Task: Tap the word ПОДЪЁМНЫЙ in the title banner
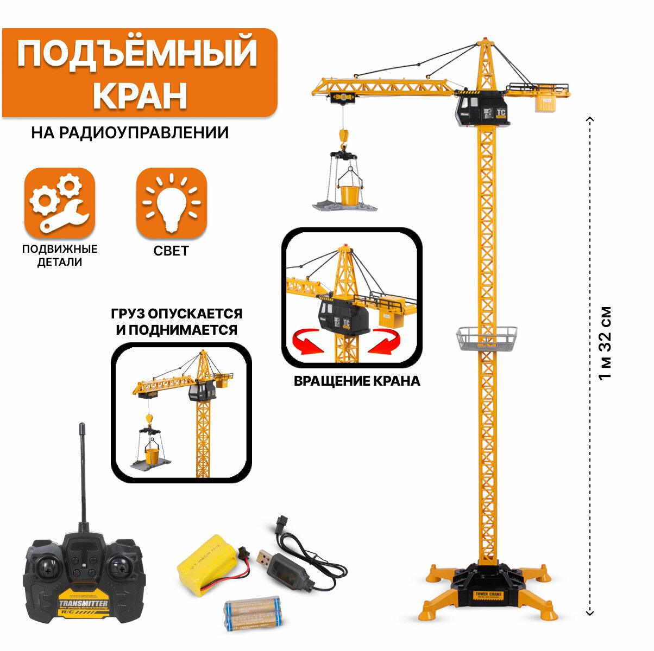(137, 53)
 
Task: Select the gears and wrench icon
(60, 202)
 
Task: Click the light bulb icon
(171, 202)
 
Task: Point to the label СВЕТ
(171, 251)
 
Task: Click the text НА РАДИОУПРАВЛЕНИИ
(130, 133)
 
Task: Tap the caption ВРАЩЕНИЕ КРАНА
(357, 381)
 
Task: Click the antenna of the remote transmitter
(83, 472)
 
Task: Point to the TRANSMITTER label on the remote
(83, 604)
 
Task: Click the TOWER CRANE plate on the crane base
(488, 595)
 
